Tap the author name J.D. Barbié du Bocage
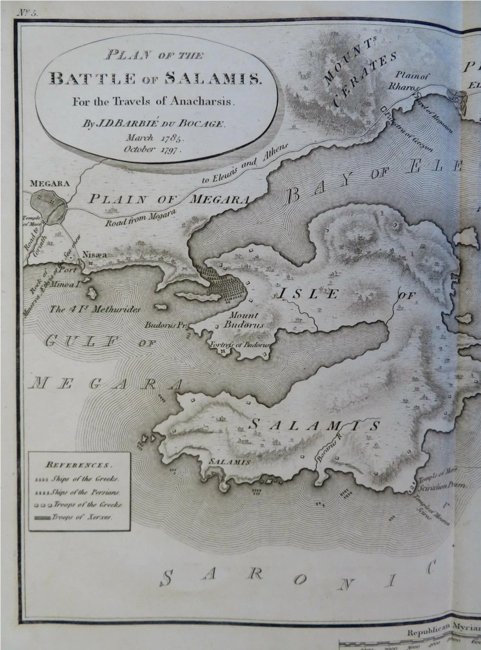coord(153,123)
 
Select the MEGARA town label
coord(49,184)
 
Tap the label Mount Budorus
coord(246,320)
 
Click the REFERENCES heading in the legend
coord(79,465)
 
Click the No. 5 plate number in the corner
coord(27,14)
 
